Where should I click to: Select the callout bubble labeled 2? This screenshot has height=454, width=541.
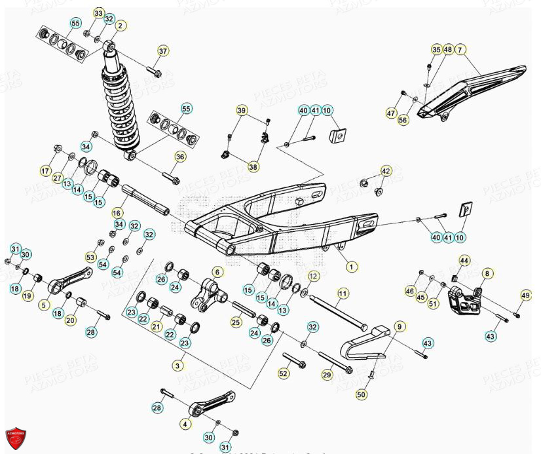coord(120,26)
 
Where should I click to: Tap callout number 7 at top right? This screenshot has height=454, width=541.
coord(460,50)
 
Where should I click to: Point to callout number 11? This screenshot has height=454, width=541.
coord(343,293)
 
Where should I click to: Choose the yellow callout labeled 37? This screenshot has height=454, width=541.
coord(163,50)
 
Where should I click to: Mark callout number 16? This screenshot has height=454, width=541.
coord(117,213)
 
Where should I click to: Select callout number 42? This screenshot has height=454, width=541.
coord(386,171)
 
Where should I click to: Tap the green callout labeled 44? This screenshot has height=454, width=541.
coord(464,261)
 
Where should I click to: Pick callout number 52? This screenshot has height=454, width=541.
coord(283,373)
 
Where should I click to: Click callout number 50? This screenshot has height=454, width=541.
coord(361,394)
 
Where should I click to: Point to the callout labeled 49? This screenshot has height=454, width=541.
coord(525,296)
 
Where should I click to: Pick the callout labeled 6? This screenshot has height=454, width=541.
coord(217,271)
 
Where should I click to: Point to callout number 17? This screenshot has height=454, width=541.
coord(45,172)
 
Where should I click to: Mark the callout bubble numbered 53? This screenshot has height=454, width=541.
coord(90,256)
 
